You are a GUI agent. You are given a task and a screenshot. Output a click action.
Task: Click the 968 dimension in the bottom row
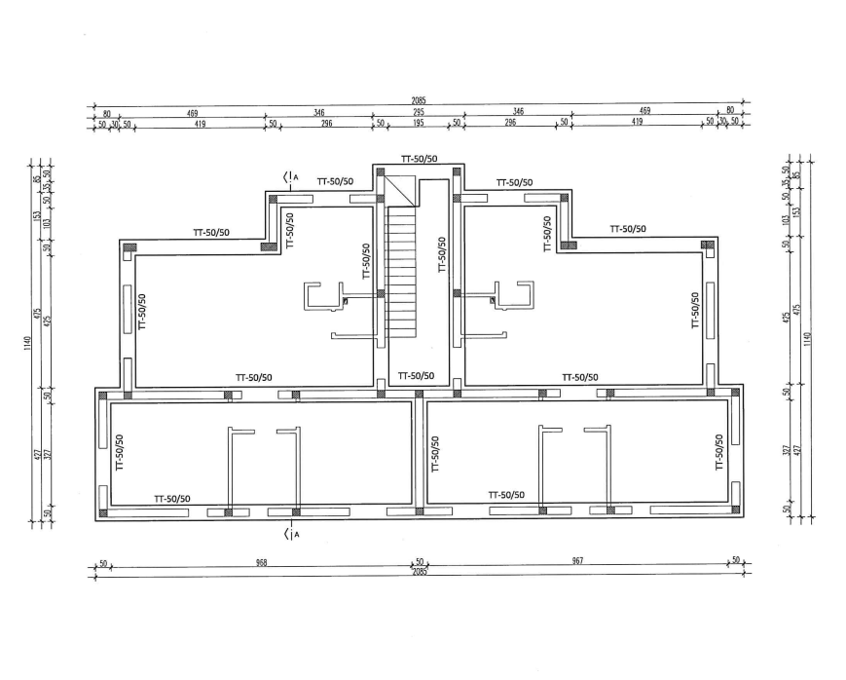(261, 562)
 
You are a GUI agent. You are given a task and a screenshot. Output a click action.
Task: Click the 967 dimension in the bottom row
(580, 562)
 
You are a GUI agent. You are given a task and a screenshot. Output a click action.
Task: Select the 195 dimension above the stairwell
(417, 124)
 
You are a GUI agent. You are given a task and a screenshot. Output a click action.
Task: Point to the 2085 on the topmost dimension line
(419, 100)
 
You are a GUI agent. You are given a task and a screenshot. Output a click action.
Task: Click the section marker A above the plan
(290, 176)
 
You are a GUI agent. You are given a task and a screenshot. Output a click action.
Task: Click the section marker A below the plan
(290, 533)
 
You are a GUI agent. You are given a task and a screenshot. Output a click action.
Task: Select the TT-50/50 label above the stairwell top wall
(419, 159)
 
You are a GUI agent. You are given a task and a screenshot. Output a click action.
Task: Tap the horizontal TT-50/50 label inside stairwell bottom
(416, 375)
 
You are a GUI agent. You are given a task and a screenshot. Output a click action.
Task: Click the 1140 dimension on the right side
(807, 339)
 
